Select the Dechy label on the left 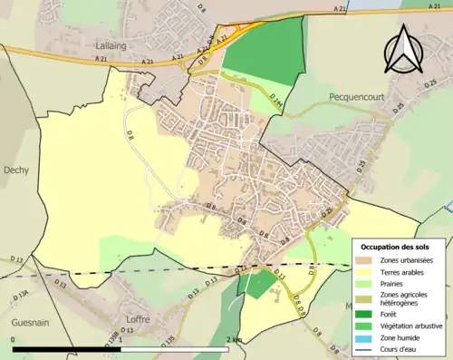pos(16,170)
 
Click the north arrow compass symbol pos(403,50)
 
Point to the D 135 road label pos(168,341)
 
